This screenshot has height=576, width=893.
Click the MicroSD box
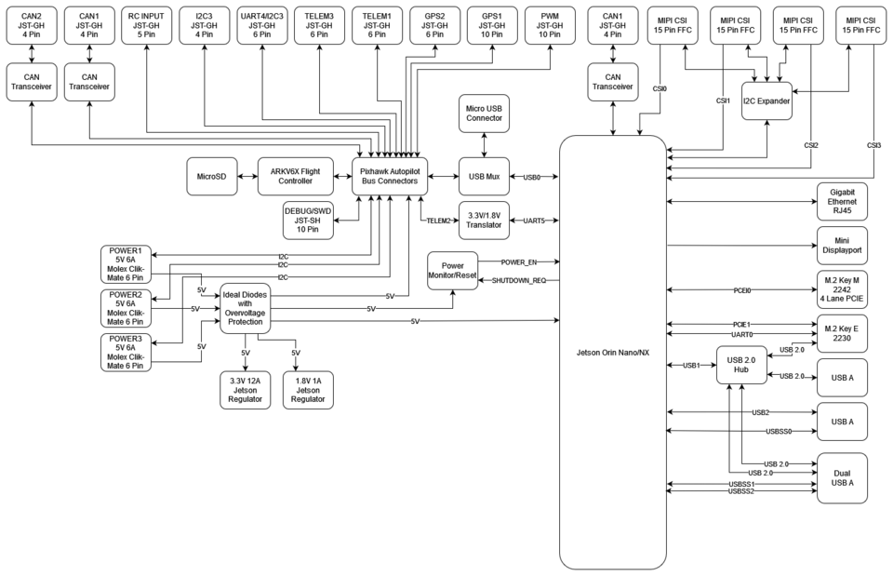211,176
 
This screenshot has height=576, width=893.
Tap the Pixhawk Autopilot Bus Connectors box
390,176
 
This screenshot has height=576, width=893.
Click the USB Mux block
485,176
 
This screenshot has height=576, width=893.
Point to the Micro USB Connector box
485,113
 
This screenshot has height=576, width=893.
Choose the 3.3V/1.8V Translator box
485,220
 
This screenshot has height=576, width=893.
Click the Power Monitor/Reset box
452,270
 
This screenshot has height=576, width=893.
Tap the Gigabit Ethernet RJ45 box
842,201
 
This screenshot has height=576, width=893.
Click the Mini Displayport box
842,246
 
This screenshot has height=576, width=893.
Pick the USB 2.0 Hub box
740,365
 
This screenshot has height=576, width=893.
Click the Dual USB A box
842,477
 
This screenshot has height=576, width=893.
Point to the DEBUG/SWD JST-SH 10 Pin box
308,220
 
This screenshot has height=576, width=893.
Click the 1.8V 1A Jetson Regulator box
308,390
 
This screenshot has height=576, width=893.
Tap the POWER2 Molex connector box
126,309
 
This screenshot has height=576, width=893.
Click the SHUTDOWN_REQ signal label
518,280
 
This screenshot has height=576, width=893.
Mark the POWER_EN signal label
518,261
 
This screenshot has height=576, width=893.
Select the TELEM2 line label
439,221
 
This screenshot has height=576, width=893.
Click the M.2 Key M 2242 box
842,290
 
